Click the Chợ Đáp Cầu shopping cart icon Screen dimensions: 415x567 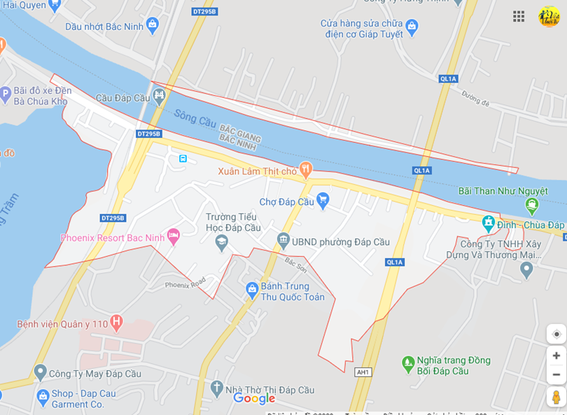(323, 201)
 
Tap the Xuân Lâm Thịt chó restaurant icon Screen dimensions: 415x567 (305, 169)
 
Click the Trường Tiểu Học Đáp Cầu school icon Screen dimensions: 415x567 (222, 243)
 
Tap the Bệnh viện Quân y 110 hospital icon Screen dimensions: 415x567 (116, 323)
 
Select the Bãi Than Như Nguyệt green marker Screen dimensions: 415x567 (531, 206)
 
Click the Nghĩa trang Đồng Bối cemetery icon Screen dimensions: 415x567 (408, 364)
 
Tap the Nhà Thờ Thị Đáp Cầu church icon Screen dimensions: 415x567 (217, 388)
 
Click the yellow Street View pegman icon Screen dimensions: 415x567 (556, 397)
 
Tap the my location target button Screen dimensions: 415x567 (556, 334)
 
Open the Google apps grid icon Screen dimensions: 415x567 (519, 16)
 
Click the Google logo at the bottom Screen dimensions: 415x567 (254, 398)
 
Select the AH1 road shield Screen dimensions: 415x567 (363, 372)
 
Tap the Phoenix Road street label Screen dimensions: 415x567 (185, 283)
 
